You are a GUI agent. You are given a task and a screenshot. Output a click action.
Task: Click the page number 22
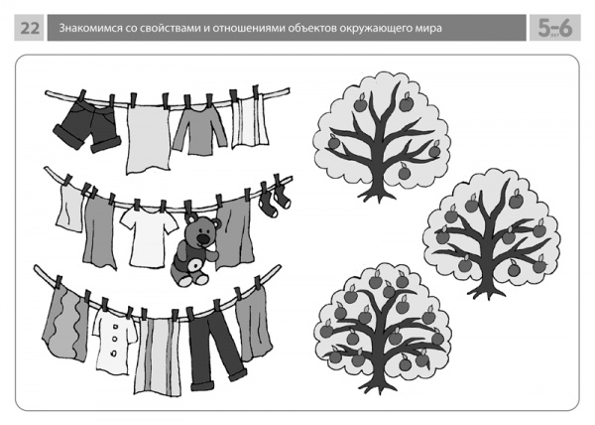click(30, 28)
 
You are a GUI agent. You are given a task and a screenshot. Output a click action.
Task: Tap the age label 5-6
click(554, 28)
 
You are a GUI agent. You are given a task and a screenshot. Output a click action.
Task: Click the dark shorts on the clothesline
click(86, 126)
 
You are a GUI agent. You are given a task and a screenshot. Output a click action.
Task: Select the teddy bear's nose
click(203, 239)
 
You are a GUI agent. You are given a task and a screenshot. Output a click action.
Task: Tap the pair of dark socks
click(274, 201)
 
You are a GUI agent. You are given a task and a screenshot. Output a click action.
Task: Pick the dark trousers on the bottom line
click(215, 350)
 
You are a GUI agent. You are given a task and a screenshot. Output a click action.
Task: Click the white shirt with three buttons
click(115, 340)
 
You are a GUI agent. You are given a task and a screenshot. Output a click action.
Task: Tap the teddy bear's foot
click(185, 280)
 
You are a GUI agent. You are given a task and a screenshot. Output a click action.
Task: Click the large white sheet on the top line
click(148, 139)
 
